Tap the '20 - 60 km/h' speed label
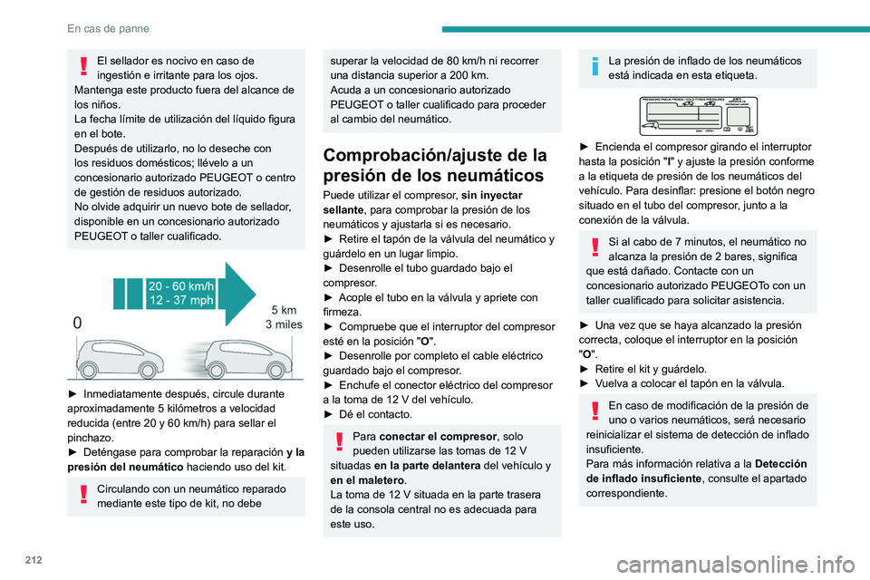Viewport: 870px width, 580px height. click(182, 285)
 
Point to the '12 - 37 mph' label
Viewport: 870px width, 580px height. click(182, 301)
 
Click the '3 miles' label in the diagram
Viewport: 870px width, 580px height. click(283, 324)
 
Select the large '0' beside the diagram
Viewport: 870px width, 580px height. click(79, 322)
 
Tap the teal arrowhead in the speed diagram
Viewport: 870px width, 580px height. click(240, 294)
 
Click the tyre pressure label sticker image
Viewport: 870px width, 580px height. click(697, 114)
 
